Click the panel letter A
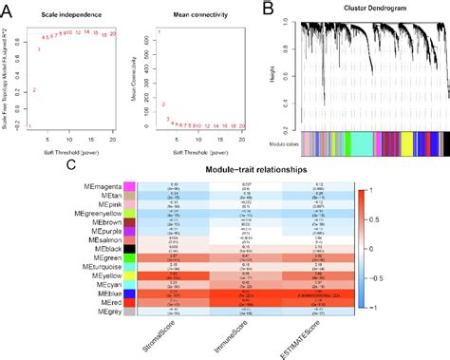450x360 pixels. coord(8,9)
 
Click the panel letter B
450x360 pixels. coord(269,9)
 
